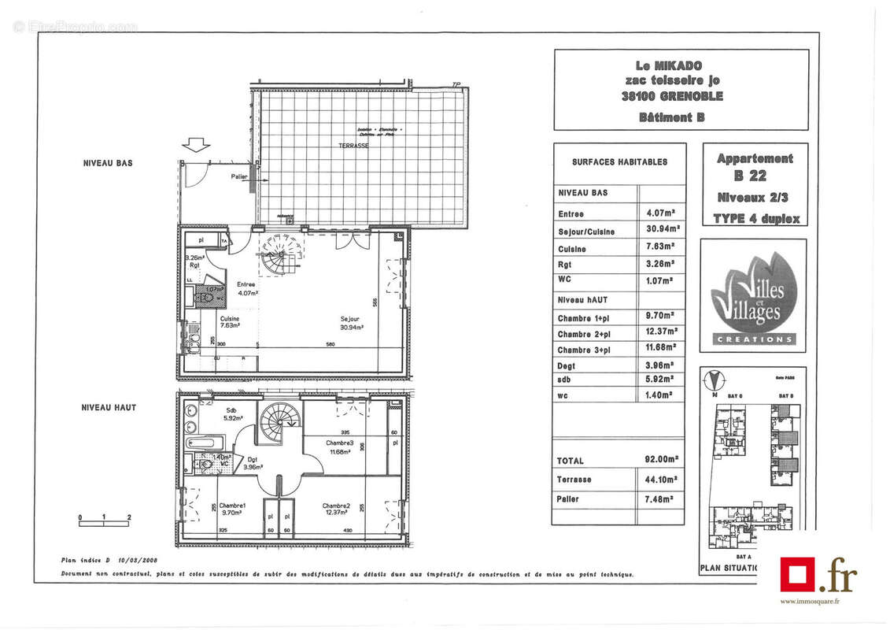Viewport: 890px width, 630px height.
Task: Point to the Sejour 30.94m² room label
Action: click(x=352, y=324)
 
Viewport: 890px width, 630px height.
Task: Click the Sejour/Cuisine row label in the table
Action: click(x=586, y=232)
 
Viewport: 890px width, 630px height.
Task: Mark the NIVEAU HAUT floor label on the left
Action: click(x=109, y=407)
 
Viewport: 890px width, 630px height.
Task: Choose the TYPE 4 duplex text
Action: click(x=755, y=219)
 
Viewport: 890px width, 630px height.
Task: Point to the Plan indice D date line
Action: click(x=109, y=561)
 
